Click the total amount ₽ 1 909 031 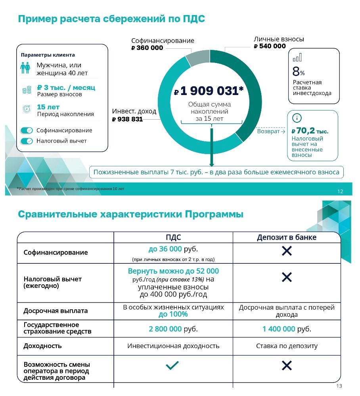(x=209, y=91)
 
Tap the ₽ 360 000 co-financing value (x=147, y=48)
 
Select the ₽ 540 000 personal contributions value (x=270, y=46)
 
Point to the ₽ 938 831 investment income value (x=127, y=119)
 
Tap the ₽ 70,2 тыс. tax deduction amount (x=310, y=131)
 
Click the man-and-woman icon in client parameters (x=25, y=68)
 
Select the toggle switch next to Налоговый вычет (x=27, y=141)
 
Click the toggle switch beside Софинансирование (x=27, y=130)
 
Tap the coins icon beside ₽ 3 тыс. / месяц (x=27, y=90)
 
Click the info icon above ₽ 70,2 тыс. (x=297, y=118)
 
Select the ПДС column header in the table (x=173, y=237)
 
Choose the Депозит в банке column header (x=286, y=237)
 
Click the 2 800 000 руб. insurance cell (x=173, y=329)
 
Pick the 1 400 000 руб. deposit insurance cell (x=287, y=329)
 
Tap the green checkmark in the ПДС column (x=172, y=366)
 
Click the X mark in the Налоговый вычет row (x=287, y=277)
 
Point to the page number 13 (x=339, y=386)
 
